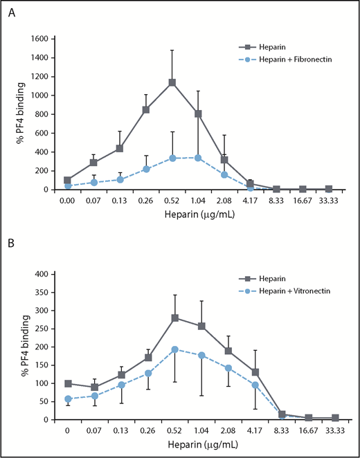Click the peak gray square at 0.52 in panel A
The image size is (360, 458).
172,83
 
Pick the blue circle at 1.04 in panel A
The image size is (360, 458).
198,158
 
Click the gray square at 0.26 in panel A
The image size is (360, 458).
146,109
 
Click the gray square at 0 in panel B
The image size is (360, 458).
67,383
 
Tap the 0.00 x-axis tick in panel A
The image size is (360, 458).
67,201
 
